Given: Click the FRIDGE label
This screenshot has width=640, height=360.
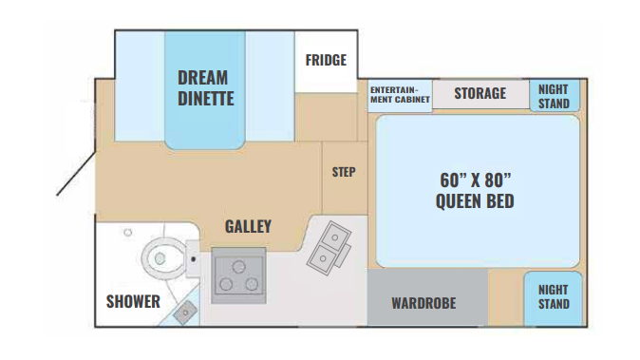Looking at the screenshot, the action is coord(326,60).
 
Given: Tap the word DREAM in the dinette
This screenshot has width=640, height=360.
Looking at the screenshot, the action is coord(203,78).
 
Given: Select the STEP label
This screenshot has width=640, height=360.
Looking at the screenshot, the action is coord(344,172).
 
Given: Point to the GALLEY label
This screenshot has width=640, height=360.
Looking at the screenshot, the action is coord(248,226).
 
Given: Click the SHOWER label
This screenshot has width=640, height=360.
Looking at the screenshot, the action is coord(133,302).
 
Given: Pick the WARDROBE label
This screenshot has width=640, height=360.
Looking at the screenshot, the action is coord(424,303).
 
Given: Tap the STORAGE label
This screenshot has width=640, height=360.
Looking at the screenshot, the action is coord(480,93).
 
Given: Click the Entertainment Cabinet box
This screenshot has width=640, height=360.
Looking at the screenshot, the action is coord(400,96).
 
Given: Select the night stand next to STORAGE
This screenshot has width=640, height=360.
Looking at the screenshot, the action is coord(555,96).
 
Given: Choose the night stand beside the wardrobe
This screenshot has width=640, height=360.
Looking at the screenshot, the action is coord(553,298).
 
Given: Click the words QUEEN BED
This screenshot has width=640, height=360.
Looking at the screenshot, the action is coord(475,201).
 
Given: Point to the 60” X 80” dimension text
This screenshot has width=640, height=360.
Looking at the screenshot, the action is coord(476,180).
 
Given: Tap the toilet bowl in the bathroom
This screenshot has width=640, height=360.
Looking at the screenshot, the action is coord(160,257).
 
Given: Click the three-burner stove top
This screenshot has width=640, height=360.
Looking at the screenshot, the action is coord(238,275).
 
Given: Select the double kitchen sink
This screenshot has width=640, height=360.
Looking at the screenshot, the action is coord(329,248).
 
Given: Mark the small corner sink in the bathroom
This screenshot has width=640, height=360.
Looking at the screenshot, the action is coord(186,313).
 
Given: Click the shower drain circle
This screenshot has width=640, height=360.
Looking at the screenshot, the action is coord(128,233).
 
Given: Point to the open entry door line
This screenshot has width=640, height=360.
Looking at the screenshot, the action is coord(76,174).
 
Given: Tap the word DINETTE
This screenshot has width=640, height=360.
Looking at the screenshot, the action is coord(206,99).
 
